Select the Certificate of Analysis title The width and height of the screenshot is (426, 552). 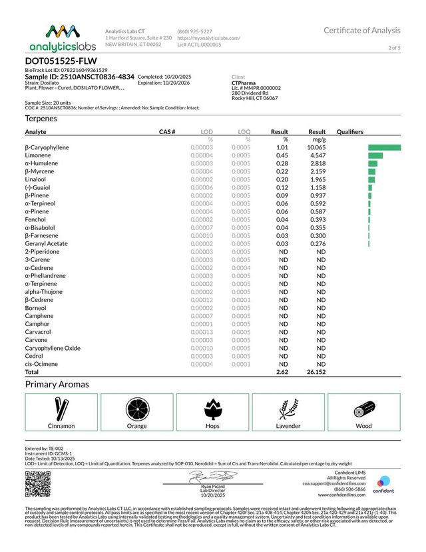(362, 30)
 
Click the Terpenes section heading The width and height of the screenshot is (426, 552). (41, 118)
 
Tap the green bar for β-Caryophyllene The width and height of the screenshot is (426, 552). (384, 147)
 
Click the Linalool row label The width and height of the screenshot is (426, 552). (35, 179)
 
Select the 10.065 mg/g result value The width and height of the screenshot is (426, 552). (316, 147)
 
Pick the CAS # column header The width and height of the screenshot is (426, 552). (167, 132)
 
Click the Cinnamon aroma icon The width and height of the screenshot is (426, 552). (61, 407)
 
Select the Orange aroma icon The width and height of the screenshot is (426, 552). (137, 407)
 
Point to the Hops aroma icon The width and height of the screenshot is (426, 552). (212, 407)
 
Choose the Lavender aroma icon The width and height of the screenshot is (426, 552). (288, 407)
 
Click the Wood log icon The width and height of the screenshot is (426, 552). (364, 407)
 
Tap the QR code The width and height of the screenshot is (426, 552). (37, 483)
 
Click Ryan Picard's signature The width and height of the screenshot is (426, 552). (206, 477)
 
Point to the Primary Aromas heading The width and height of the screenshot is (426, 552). (57, 385)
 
